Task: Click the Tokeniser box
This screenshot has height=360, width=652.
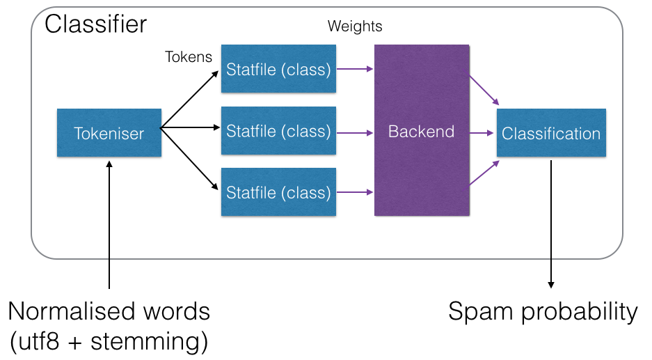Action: [109, 132]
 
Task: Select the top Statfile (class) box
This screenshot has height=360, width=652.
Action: [278, 69]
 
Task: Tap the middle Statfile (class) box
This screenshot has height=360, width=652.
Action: [278, 131]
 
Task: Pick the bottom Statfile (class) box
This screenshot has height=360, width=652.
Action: [278, 191]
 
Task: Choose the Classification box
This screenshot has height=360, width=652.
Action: [551, 132]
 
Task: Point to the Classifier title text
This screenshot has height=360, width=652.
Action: [96, 24]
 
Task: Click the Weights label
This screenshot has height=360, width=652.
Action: [355, 27]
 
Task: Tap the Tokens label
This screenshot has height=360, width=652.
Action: [189, 57]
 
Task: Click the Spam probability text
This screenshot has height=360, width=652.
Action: [543, 311]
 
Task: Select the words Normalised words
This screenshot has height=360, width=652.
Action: [109, 311]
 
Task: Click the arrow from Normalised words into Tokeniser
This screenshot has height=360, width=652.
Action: [109, 223]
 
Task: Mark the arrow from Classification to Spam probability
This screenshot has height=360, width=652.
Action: [551, 223]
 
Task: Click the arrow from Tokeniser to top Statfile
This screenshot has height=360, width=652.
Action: [189, 99]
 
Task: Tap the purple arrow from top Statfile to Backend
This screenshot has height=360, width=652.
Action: [355, 69]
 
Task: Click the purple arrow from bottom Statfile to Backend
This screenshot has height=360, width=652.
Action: [355, 191]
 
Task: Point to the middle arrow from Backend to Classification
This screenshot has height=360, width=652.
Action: [483, 132]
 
